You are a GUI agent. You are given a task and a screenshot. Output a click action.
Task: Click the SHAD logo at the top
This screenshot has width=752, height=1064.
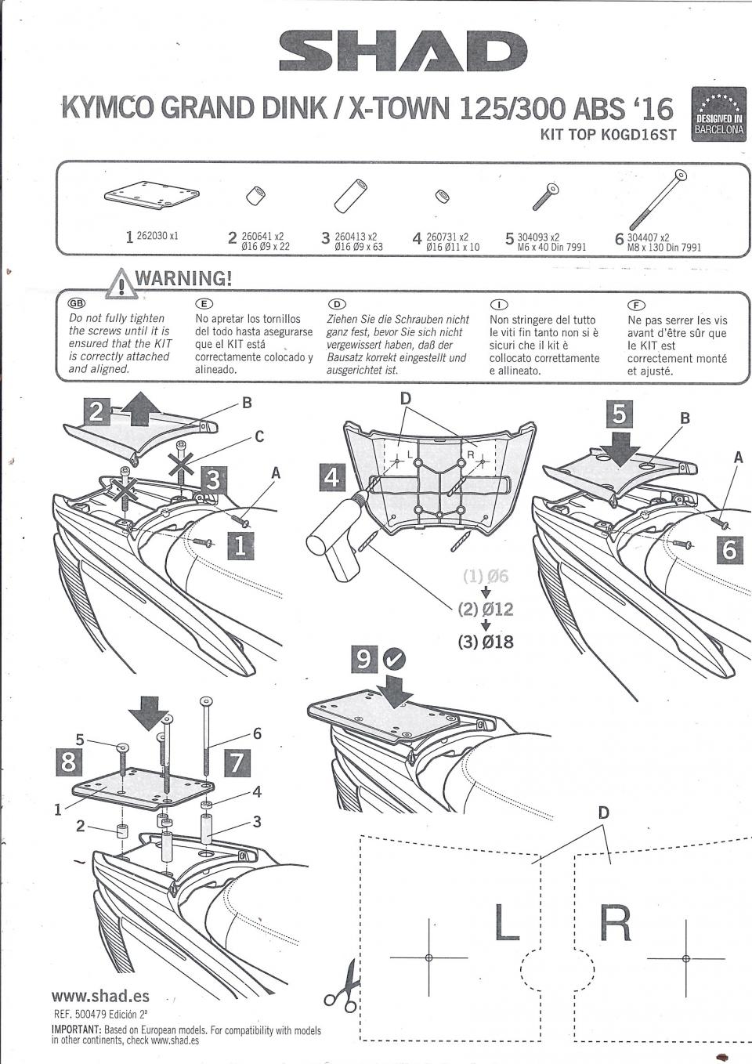[x=398, y=52]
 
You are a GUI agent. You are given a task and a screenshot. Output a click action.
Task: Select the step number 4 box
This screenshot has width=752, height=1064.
[x=333, y=477]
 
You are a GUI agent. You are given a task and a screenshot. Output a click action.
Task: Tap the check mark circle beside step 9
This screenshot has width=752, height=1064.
[x=396, y=660]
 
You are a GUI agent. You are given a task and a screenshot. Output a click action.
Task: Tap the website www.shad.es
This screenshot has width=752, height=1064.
[x=100, y=996]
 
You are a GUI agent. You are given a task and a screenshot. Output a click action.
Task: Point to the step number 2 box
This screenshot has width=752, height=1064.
[x=97, y=411]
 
